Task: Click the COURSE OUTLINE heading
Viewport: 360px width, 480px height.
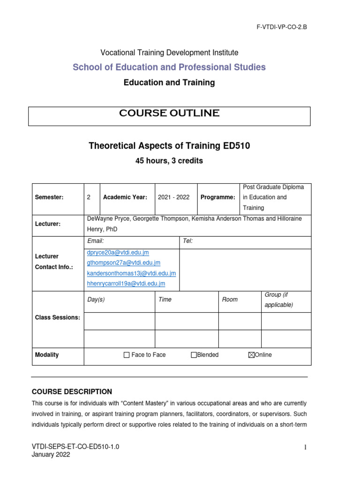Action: (169, 113)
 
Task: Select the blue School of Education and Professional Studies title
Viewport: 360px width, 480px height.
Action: (169, 67)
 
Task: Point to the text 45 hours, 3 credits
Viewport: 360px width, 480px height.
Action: (169, 161)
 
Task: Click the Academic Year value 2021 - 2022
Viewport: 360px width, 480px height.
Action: (173, 197)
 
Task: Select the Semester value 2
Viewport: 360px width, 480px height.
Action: (89, 197)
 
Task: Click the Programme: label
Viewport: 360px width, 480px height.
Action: (217, 197)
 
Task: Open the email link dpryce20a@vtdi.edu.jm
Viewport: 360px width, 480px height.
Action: (118, 253)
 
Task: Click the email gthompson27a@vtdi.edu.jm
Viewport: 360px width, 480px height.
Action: (124, 263)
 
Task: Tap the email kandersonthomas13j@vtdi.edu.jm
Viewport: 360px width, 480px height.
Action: (131, 273)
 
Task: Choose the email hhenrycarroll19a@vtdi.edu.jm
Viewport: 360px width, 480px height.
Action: (126, 284)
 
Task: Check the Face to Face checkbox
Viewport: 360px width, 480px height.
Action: (127, 355)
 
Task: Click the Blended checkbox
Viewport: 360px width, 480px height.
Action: (194, 355)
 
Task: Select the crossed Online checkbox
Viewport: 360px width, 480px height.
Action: (251, 355)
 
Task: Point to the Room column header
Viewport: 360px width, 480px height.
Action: (230, 300)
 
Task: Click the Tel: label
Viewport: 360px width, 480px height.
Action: (187, 241)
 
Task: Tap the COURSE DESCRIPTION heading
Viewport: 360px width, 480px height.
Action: (72, 391)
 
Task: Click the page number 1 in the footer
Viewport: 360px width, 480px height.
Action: (306, 447)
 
